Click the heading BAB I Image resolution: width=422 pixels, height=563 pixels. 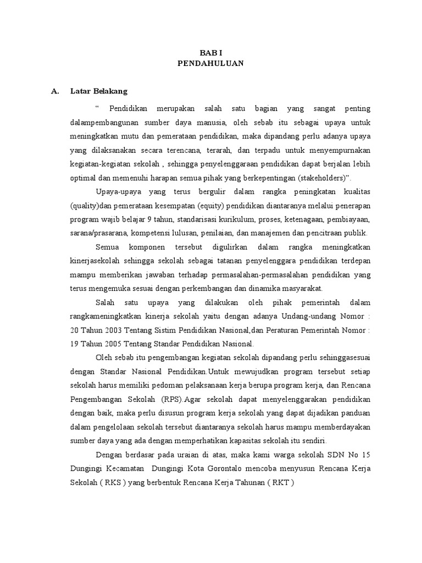pyautogui.click(x=210, y=52)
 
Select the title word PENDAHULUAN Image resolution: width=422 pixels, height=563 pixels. pyautogui.click(x=210, y=63)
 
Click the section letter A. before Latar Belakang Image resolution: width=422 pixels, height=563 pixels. pyautogui.click(x=55, y=91)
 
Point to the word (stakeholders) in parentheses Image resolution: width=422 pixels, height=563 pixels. pyautogui.click(x=320, y=177)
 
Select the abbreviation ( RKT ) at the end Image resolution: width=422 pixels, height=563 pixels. pyautogui.click(x=279, y=483)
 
